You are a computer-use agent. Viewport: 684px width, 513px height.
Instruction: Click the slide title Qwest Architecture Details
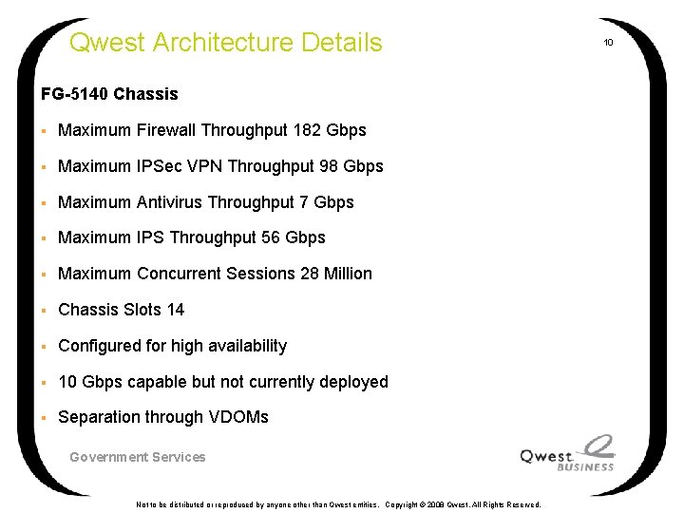226,43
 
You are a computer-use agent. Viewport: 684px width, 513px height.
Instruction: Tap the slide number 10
609,43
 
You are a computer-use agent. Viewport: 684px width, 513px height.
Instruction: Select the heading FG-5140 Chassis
109,94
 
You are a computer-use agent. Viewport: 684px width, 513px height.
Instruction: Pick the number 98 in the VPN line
330,166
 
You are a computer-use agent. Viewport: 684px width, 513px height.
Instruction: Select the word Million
349,274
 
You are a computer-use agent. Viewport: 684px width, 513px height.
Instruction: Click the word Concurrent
180,274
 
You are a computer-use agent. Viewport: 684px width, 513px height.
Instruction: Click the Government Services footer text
138,457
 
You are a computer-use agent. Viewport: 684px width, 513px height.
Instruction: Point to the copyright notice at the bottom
338,504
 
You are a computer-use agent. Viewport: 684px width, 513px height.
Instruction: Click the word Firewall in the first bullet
166,130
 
